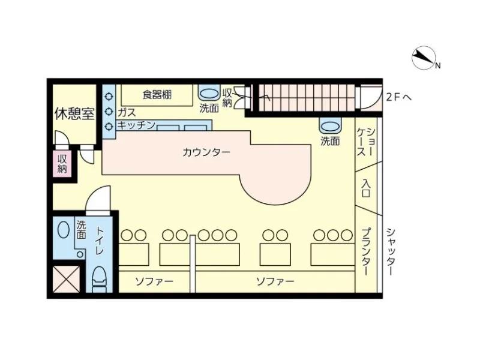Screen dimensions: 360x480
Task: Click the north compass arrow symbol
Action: click(x=425, y=58)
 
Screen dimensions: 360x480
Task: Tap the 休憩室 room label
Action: click(x=74, y=113)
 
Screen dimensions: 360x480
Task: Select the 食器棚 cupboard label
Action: click(x=157, y=94)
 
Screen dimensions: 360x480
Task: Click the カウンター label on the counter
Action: click(x=206, y=152)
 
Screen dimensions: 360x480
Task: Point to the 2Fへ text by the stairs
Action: click(x=398, y=96)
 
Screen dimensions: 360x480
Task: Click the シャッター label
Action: click(x=390, y=251)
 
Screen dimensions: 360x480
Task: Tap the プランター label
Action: click(x=365, y=252)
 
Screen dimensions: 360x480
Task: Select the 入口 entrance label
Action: click(x=365, y=187)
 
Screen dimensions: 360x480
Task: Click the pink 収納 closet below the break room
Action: click(x=62, y=163)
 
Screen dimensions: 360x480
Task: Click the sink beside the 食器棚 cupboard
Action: click(x=209, y=94)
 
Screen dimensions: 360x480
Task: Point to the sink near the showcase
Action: click(x=329, y=127)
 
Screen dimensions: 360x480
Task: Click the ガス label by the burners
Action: click(x=126, y=112)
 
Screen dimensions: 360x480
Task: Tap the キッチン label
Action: click(x=136, y=125)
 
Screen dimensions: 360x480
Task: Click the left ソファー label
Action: click(x=154, y=281)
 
